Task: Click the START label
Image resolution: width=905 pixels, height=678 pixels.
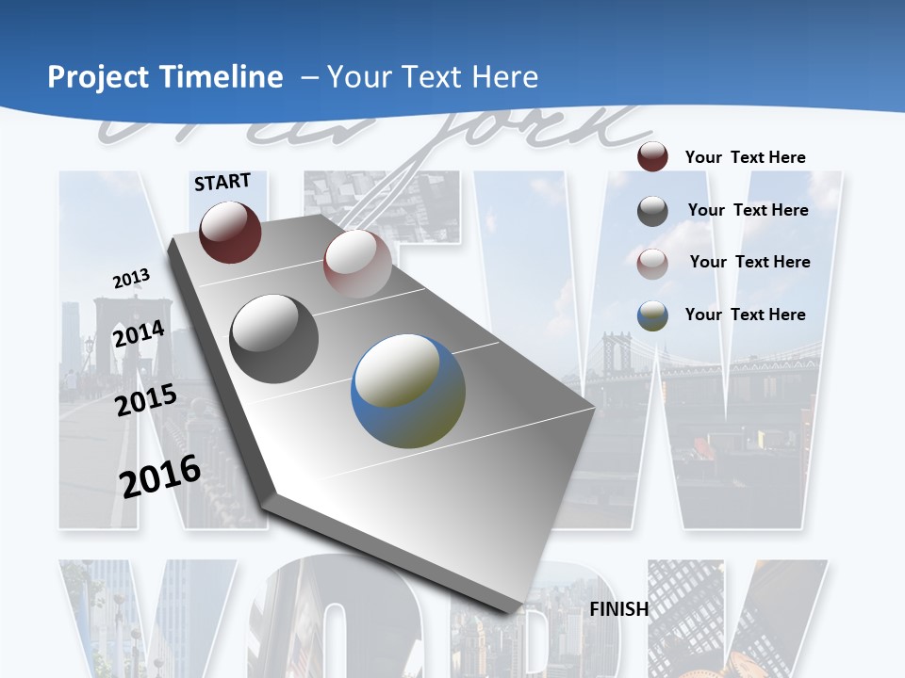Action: (x=222, y=182)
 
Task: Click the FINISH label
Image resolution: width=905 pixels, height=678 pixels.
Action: (x=619, y=609)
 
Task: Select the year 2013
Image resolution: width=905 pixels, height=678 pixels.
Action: (x=131, y=279)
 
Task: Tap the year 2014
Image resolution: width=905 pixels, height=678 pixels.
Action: (x=139, y=334)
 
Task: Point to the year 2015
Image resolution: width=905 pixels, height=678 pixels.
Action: (x=146, y=400)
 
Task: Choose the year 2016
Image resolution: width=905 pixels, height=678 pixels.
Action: (x=160, y=476)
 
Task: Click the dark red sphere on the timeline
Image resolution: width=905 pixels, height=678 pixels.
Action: (x=230, y=232)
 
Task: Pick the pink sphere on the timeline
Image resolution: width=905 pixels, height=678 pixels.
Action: (x=357, y=265)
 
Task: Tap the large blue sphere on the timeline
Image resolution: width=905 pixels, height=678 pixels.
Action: (x=408, y=391)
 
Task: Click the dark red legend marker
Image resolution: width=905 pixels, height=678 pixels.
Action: (x=652, y=157)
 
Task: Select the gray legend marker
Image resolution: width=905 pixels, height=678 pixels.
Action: (x=652, y=211)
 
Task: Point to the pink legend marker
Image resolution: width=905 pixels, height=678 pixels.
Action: (x=652, y=264)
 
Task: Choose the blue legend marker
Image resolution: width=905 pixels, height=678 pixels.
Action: (x=652, y=315)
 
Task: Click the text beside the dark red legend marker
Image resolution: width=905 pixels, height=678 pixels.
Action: (x=745, y=157)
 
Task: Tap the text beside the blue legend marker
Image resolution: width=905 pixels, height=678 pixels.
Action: (x=745, y=315)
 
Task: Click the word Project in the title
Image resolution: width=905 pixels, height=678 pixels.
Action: (x=98, y=77)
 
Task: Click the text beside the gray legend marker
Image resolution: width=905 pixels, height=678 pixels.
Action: (x=748, y=210)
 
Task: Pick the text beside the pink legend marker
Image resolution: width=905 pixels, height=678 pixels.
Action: (x=749, y=262)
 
